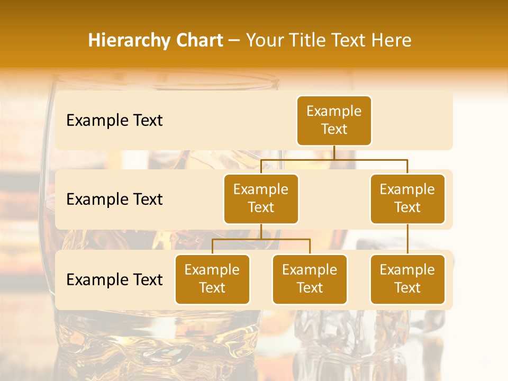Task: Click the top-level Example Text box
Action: [334, 120]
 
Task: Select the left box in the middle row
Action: [261, 198]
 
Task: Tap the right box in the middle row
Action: [407, 198]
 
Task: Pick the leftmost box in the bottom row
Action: [212, 279]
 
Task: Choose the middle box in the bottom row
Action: [310, 279]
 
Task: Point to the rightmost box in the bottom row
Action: [407, 279]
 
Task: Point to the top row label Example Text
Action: [114, 121]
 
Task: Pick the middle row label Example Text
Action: [114, 199]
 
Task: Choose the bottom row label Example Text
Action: [114, 279]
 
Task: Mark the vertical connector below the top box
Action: [334, 152]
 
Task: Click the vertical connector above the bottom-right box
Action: [407, 239]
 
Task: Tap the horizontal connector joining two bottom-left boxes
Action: [261, 239]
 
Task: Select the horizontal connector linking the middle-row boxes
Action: [334, 159]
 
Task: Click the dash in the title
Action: [234, 41]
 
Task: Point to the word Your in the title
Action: [265, 40]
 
